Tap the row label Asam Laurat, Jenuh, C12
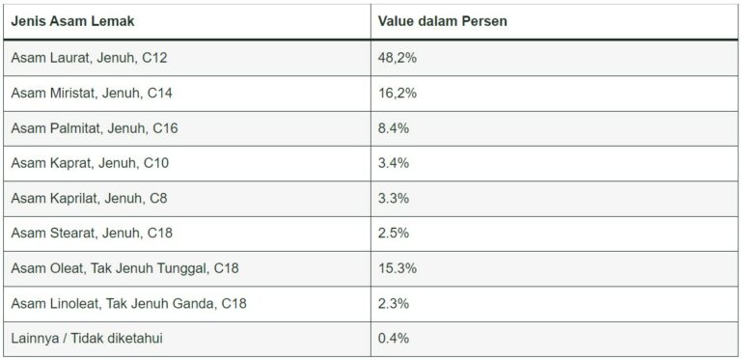click(x=89, y=58)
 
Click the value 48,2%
click(x=398, y=58)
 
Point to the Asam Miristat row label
click(x=92, y=93)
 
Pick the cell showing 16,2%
click(x=398, y=93)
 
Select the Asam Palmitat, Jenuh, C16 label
click(x=95, y=128)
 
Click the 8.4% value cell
click(x=394, y=128)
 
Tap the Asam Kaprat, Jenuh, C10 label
click(x=90, y=163)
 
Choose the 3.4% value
click(x=394, y=163)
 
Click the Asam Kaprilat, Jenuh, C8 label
click(x=90, y=198)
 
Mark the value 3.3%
click(x=394, y=198)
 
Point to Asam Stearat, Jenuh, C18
click(x=92, y=233)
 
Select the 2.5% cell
click(x=394, y=233)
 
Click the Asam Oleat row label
click(x=124, y=267)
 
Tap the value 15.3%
click(x=398, y=267)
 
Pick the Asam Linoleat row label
click(x=128, y=303)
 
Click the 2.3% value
click(x=394, y=303)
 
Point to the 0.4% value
click(x=394, y=338)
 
